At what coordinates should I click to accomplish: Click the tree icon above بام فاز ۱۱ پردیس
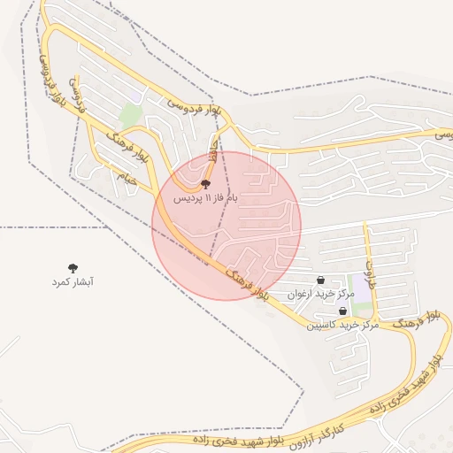[x=206, y=184]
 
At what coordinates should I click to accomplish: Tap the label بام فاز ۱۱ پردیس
[x=206, y=199]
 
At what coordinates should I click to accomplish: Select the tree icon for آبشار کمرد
[x=73, y=267]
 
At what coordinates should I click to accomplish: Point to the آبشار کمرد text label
[x=73, y=281]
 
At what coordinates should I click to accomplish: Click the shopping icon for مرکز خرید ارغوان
[x=320, y=280]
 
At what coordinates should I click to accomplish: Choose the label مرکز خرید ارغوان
[x=320, y=293]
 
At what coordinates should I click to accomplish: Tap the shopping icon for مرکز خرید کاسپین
[x=342, y=311]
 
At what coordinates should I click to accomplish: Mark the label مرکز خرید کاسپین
[x=342, y=325]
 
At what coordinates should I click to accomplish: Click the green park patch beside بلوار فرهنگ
[x=130, y=115]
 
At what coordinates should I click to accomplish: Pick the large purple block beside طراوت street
[x=362, y=299]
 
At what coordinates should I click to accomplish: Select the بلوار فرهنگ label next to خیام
[x=127, y=147]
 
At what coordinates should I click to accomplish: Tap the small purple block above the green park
[x=135, y=96]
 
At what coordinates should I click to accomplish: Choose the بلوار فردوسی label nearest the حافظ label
[x=200, y=108]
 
